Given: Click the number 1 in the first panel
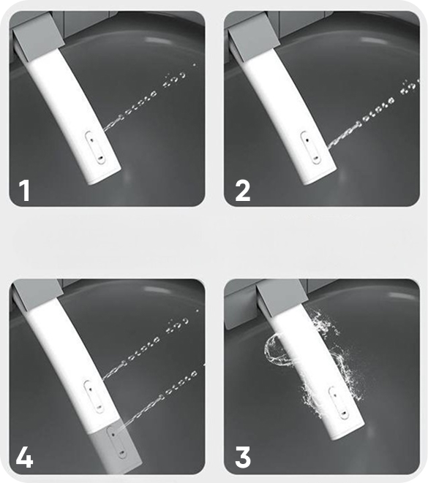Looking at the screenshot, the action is (24, 191).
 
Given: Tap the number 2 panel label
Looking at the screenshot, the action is (243, 191).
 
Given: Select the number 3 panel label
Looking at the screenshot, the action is (243, 457).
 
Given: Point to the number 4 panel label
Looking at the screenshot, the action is (24, 457).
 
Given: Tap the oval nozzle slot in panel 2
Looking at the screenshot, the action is (311, 148).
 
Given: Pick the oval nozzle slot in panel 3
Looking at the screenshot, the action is (339, 403).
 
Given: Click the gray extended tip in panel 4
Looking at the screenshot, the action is (118, 446).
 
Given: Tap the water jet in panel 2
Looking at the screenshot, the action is (373, 114).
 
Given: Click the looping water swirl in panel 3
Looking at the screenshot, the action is (312, 363).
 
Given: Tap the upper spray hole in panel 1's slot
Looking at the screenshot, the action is (92, 139).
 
